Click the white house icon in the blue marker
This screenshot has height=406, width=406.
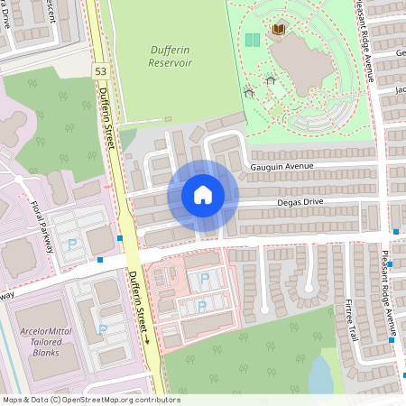tap(203, 195)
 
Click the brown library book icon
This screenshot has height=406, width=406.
tap(278, 31)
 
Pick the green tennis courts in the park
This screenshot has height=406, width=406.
tap(253, 41)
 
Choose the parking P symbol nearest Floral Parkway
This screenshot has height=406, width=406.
tap(72, 244)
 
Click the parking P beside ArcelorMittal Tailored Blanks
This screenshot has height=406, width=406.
tap(102, 329)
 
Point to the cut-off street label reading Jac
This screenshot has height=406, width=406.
tap(400, 89)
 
